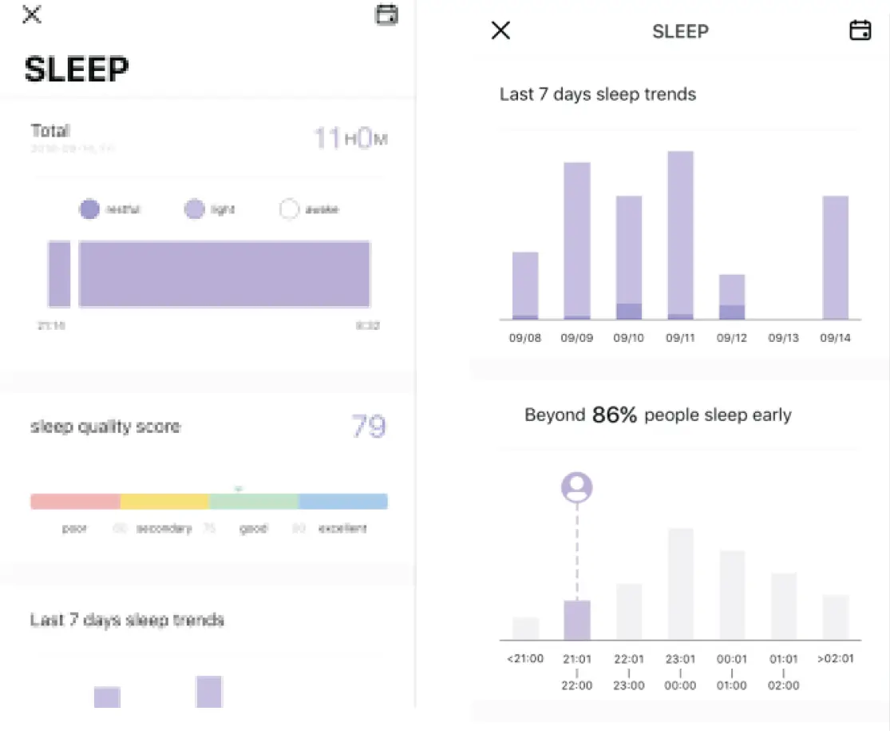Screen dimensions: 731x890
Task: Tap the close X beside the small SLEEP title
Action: click(500, 31)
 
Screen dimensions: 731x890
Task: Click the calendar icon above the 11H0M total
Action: click(386, 14)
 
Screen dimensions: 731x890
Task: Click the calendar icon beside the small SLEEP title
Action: click(860, 30)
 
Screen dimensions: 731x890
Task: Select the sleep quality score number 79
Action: click(369, 427)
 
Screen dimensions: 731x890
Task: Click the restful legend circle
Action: click(89, 209)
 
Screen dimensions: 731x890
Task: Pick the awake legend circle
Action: click(289, 209)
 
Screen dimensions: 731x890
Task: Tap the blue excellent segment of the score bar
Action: click(343, 502)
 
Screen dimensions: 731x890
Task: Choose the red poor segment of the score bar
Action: click(75, 502)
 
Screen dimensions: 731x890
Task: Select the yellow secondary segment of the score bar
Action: click(164, 502)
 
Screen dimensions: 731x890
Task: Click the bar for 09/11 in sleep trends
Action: click(680, 236)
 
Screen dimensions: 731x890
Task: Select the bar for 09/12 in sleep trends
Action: click(732, 297)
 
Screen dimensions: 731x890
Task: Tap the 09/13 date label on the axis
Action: click(783, 338)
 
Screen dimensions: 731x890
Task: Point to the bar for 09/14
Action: click(835, 257)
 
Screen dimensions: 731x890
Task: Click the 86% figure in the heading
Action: click(614, 415)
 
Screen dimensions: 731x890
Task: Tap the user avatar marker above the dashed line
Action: click(576, 487)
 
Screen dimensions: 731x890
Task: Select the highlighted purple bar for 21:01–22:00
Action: click(576, 620)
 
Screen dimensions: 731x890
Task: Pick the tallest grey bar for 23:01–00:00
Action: click(680, 584)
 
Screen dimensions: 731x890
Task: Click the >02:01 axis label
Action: click(835, 659)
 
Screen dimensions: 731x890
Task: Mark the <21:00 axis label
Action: click(525, 659)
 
